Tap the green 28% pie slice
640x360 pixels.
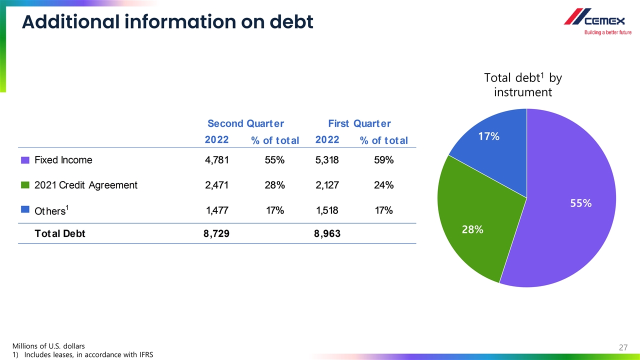pos(475,220)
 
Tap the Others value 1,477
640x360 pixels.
pos(217,210)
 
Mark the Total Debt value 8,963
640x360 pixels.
pos(327,233)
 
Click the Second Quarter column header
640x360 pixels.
pos(245,123)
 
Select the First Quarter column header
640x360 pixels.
pos(359,123)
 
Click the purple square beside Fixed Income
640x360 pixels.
pos(25,160)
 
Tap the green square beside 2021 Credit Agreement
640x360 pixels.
pos(25,185)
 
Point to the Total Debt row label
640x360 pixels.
pos(59,233)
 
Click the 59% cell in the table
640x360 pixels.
pos(383,160)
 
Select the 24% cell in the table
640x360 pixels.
pos(383,185)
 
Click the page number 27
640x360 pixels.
pos(623,347)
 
